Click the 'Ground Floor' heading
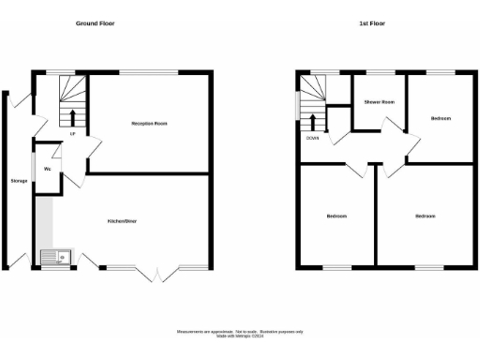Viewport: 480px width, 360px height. [x=95, y=22]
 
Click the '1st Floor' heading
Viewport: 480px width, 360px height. [x=371, y=22]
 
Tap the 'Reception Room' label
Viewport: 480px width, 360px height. [x=148, y=123]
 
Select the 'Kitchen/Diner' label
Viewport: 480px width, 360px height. [x=124, y=221]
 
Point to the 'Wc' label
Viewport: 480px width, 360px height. [x=47, y=168]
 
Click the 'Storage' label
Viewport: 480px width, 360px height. [x=19, y=180]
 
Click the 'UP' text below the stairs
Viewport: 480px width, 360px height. [x=72, y=133]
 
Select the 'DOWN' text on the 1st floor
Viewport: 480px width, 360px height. [x=312, y=138]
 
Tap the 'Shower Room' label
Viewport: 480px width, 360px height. [x=378, y=103]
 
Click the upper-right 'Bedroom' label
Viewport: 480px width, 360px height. [x=441, y=119]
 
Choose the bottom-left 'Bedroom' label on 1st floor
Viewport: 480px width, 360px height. [x=337, y=217]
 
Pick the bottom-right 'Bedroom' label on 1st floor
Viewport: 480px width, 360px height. [x=427, y=217]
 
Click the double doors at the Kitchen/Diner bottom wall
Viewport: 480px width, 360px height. [x=157, y=274]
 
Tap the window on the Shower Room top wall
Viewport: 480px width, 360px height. [x=379, y=72]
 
